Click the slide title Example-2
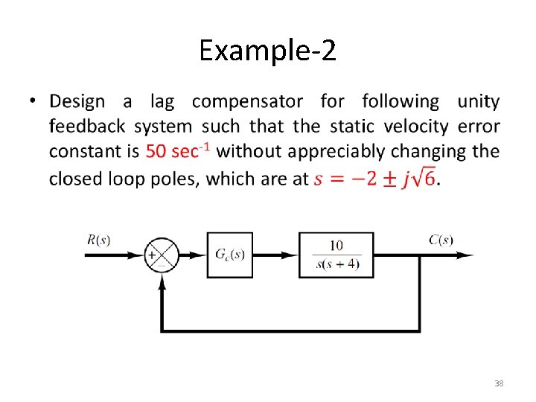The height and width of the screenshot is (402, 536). coord(267,51)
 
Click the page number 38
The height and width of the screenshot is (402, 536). coord(500,383)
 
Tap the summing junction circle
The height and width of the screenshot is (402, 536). coord(162,255)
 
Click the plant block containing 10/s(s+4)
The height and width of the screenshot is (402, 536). coord(336,255)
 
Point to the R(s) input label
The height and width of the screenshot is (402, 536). coord(99,240)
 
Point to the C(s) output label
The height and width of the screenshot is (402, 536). coord(440,240)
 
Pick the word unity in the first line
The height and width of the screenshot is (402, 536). coord(478,101)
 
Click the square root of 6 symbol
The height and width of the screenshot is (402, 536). coord(427,178)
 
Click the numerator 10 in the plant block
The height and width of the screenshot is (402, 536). coord(336,245)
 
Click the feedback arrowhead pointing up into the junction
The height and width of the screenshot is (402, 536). coord(162,278)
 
